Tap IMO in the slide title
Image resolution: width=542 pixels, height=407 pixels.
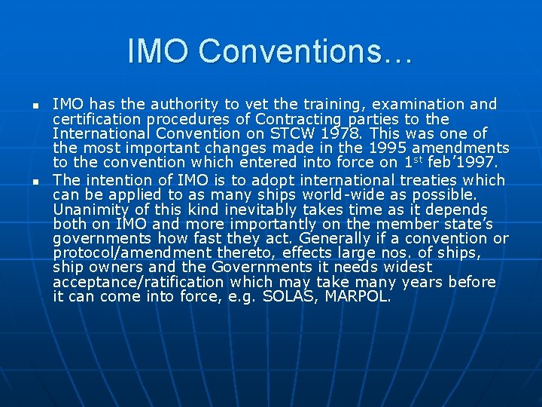pyautogui.click(x=160, y=51)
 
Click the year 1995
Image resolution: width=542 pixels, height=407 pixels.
pyautogui.click(x=369, y=148)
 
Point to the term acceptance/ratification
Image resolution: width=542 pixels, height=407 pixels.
pyautogui.click(x=139, y=282)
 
